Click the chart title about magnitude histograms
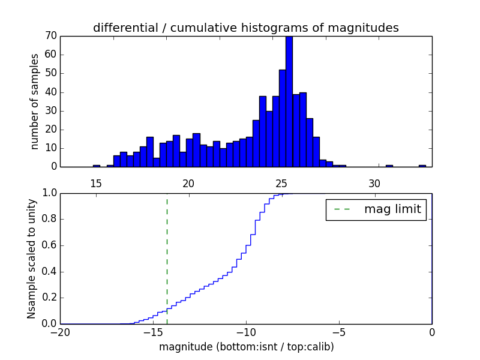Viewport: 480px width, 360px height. point(245,28)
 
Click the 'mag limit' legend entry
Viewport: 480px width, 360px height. point(376,209)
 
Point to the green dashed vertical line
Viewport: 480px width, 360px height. point(167,258)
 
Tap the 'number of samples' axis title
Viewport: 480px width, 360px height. point(35,101)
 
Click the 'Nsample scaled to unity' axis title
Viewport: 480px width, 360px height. point(32,259)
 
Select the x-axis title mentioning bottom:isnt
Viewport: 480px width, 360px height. point(245,347)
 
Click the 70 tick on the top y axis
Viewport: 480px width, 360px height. point(50,35)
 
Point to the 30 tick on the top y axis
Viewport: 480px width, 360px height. point(50,110)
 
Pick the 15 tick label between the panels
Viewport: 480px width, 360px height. point(96,183)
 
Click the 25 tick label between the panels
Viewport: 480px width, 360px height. point(282,183)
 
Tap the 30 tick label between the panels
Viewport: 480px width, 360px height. point(374,183)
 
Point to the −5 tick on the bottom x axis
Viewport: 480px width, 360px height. point(338,332)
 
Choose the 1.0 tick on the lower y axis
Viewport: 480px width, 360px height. point(48,193)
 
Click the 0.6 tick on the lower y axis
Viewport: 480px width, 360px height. point(48,245)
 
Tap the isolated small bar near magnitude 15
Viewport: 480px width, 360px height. point(96,166)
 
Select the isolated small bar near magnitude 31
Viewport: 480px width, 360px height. point(389,166)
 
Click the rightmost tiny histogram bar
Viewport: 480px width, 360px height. point(422,166)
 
